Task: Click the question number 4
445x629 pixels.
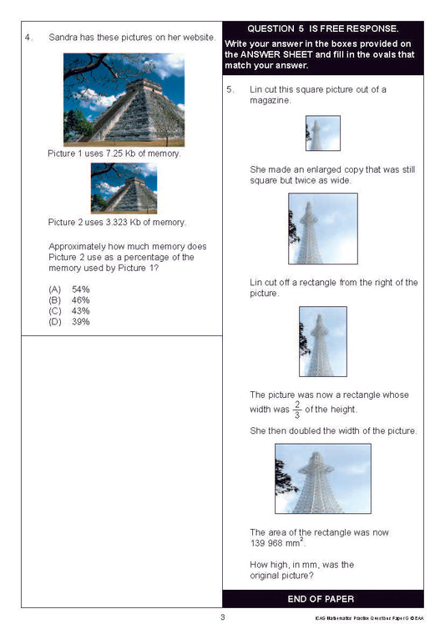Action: (x=28, y=38)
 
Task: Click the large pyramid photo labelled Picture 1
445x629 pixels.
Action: (x=124, y=99)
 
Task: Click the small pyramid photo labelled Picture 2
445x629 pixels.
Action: (x=124, y=188)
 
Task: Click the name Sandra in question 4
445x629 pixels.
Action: (x=63, y=38)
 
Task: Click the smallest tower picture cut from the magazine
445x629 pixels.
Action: (x=322, y=133)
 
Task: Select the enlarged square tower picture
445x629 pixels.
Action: (x=322, y=229)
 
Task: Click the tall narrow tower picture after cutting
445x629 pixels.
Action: (x=322, y=341)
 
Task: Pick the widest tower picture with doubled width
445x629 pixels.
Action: (x=322, y=478)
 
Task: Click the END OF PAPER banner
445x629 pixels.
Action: (x=322, y=599)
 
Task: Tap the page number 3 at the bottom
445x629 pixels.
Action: (x=222, y=617)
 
